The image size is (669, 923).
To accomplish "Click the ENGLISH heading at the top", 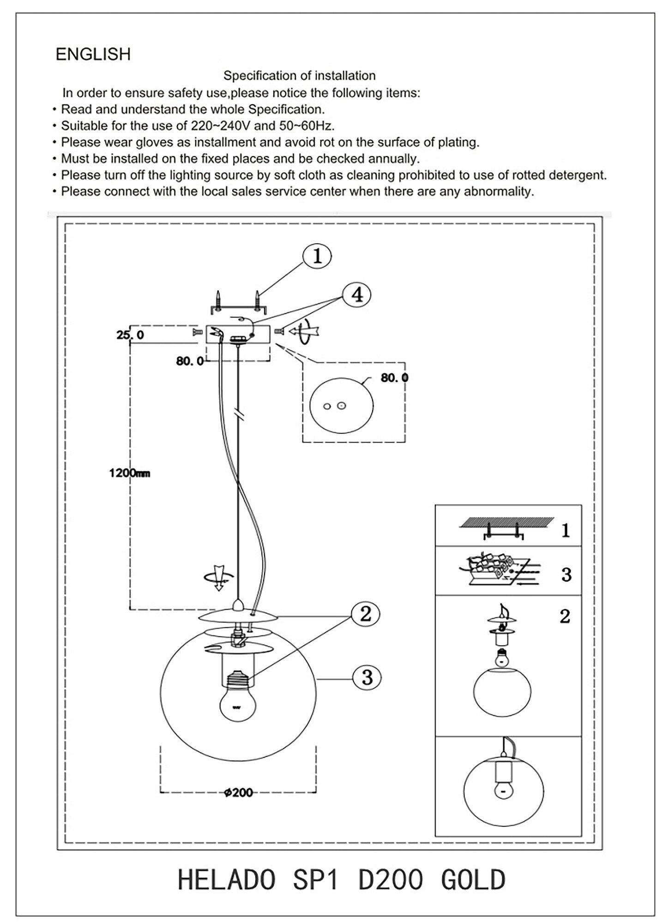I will (x=93, y=54).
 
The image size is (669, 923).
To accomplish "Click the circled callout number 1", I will (x=317, y=256).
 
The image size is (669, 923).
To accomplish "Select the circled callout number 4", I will (x=357, y=294).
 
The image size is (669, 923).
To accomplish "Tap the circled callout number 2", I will (x=365, y=614).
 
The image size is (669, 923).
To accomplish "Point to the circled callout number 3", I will (x=367, y=677).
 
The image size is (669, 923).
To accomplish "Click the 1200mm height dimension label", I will (x=130, y=473).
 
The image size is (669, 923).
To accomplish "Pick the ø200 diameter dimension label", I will (x=238, y=793).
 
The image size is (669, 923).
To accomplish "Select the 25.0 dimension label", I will (x=130, y=335).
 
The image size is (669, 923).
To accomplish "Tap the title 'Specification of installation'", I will (x=299, y=76).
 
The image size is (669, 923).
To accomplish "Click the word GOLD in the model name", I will (x=473, y=880).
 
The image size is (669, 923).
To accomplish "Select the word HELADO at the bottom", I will (x=227, y=880).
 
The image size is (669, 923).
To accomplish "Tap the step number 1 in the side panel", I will (x=566, y=531).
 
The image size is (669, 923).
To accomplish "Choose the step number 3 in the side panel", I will (x=566, y=575).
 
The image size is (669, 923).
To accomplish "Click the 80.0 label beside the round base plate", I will (x=394, y=378).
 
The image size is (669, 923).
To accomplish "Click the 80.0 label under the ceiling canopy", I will (x=190, y=361).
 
